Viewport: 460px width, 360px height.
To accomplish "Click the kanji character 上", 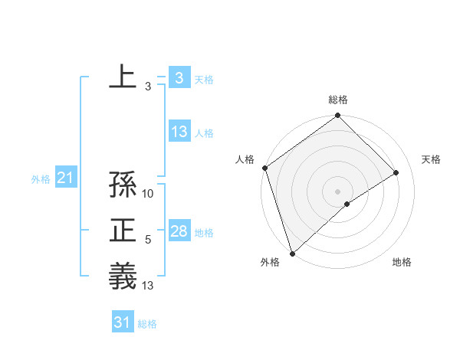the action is (x=123, y=77).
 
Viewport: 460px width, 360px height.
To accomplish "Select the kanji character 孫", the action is (x=123, y=185).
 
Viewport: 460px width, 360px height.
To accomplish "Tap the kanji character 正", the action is (x=123, y=231).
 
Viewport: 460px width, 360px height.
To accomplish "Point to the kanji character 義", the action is (x=123, y=276).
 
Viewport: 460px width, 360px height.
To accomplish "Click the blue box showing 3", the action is (x=179, y=77).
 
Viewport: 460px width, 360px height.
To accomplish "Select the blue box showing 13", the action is (x=179, y=132).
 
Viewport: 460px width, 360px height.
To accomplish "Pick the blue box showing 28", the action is (x=179, y=231).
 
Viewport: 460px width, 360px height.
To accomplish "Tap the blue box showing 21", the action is (x=65, y=178).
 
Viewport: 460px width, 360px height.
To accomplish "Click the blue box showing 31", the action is (x=123, y=322).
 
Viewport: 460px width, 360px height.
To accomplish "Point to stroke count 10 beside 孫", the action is (x=149, y=194).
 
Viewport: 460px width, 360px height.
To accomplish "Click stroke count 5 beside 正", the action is (x=148, y=241).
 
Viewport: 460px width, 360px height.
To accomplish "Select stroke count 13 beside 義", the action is (x=149, y=286).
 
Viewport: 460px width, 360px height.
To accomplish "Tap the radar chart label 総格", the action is (x=338, y=100).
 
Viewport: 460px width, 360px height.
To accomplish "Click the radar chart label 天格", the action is (x=432, y=159).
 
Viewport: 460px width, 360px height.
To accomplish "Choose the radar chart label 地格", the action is (x=402, y=263).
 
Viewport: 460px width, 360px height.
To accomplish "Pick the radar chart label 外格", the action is (x=270, y=263).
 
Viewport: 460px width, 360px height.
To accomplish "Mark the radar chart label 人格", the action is (x=245, y=159).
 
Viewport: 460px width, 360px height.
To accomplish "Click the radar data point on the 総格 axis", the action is (x=338, y=116).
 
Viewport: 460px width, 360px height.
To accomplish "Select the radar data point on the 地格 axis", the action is (x=347, y=204).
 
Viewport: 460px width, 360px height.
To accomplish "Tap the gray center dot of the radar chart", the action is (x=338, y=191).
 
